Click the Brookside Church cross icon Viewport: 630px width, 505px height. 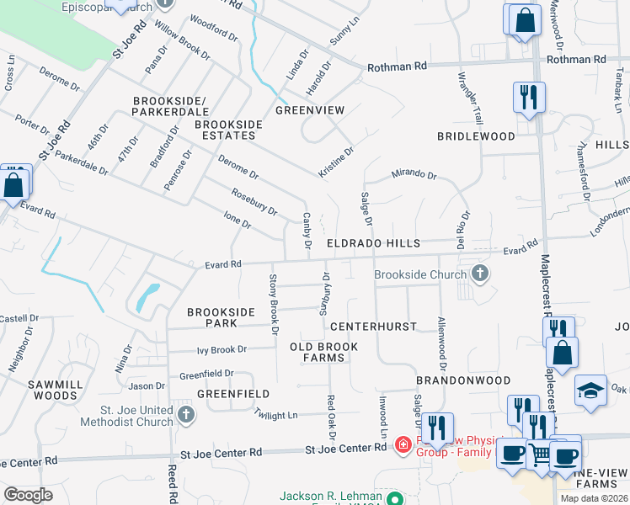[x=479, y=274]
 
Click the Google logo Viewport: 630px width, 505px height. [x=29, y=494]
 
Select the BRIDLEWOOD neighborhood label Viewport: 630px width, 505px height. [x=476, y=136]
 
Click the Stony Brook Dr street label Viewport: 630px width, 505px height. [x=273, y=304]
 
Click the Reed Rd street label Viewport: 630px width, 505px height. [x=172, y=484]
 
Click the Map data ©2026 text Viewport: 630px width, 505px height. [x=593, y=498]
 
